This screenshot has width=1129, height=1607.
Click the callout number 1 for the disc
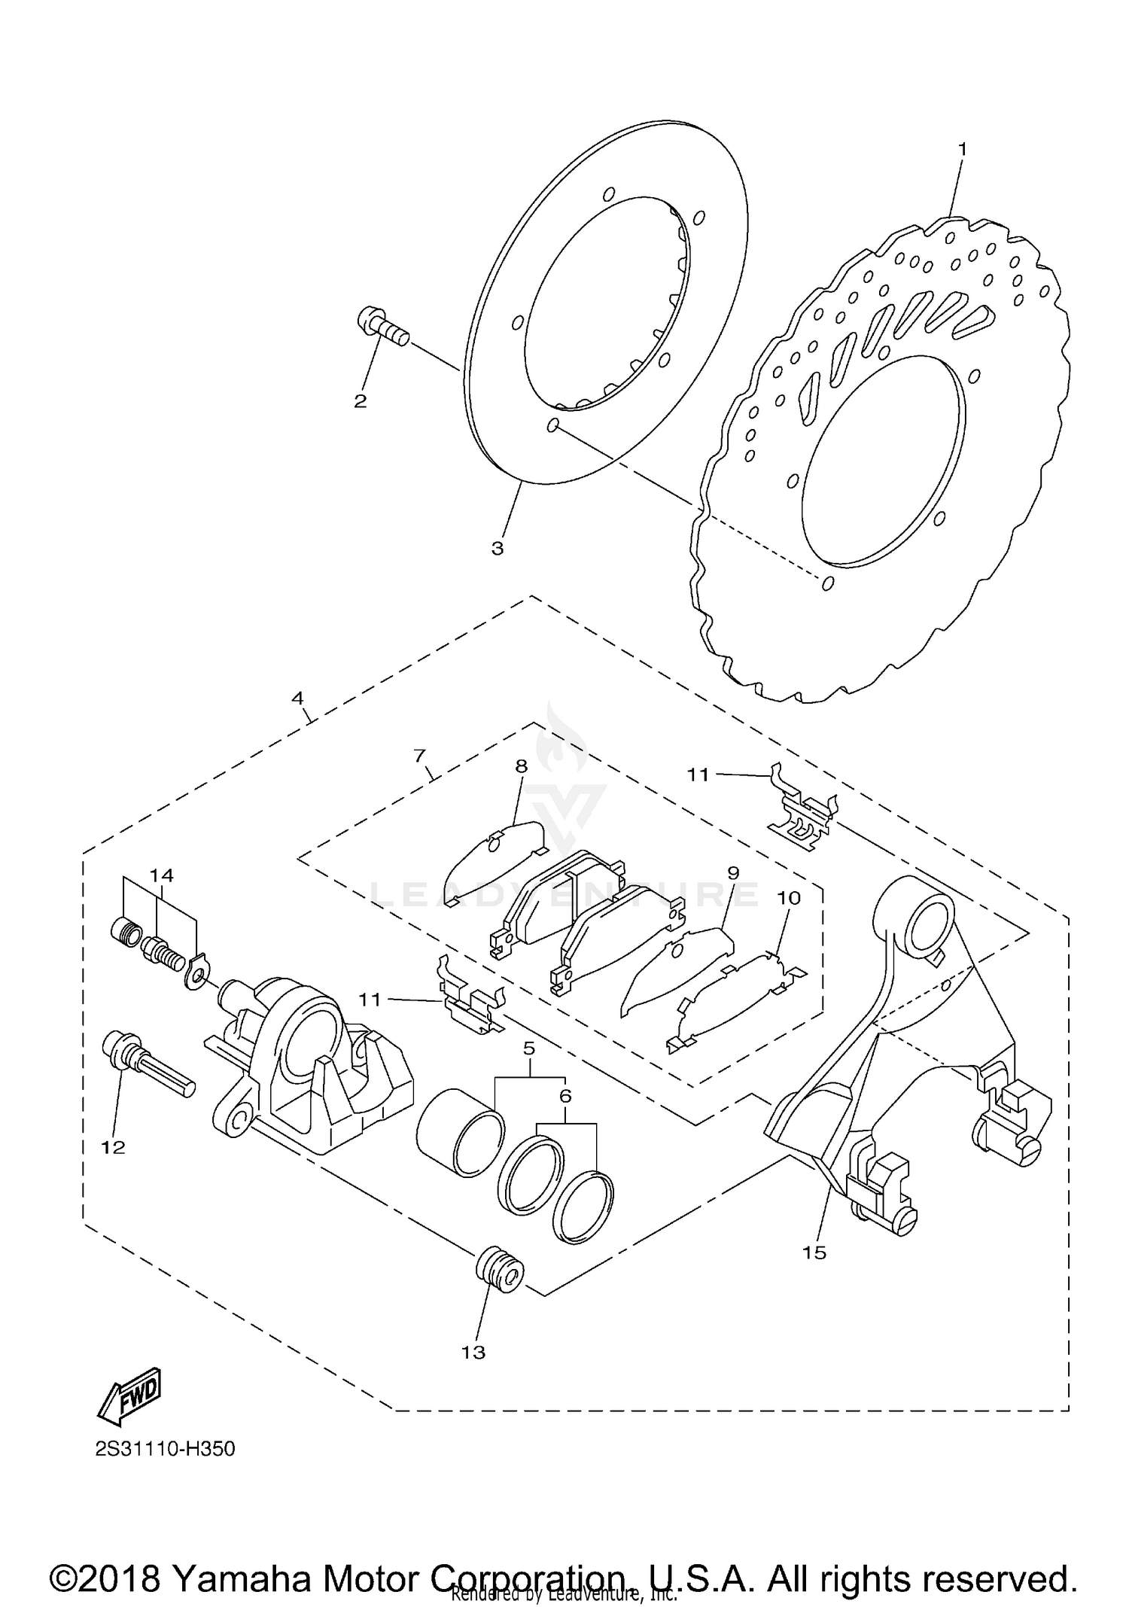coord(961,149)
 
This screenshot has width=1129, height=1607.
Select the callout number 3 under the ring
coord(497,549)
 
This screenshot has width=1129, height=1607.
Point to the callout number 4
coord(298,698)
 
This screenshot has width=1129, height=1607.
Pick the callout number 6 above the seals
coord(565,1095)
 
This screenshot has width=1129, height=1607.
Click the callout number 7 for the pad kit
coord(420,754)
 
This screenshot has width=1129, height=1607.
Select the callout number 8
coord(521,766)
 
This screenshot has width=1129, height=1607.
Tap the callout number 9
coord(732,872)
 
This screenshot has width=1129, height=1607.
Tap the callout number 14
coord(161,875)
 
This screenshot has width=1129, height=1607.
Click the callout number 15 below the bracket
coord(814,1252)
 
